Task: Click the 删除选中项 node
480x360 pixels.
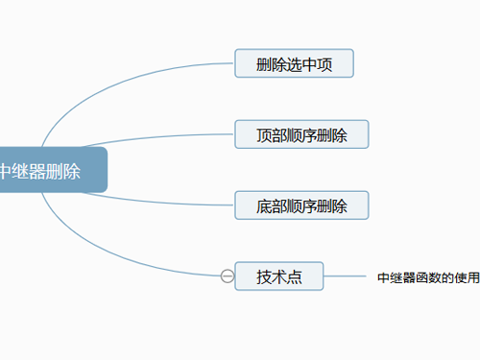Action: pyautogui.click(x=295, y=64)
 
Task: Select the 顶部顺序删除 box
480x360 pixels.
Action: pyautogui.click(x=301, y=134)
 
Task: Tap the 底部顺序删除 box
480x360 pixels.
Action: pyautogui.click(x=301, y=205)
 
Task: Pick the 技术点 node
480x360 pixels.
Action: pyautogui.click(x=279, y=276)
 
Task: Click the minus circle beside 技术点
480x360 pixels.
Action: pyautogui.click(x=228, y=276)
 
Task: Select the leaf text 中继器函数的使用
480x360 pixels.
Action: pyautogui.click(x=428, y=277)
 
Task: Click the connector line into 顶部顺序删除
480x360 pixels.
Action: pyautogui.click(x=173, y=133)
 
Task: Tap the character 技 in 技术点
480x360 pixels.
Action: pyautogui.click(x=264, y=276)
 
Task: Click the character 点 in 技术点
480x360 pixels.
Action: pyautogui.click(x=295, y=276)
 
